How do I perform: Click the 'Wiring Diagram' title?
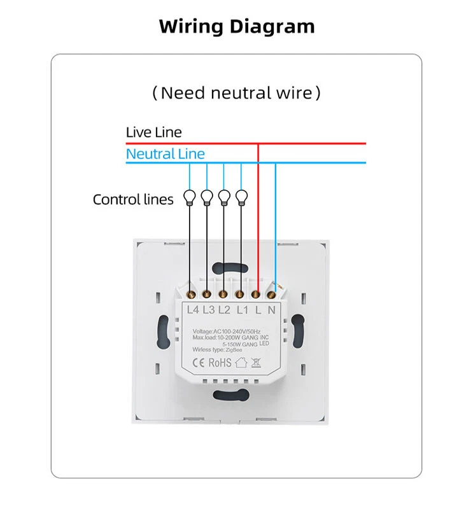point(237,27)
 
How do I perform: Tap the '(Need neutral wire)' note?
point(237,93)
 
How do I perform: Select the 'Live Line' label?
point(153,132)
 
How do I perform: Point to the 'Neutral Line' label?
point(166,153)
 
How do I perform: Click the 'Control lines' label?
point(133,200)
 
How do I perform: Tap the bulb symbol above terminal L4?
point(189,197)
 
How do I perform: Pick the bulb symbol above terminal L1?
point(241,197)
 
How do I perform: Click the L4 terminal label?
point(194,310)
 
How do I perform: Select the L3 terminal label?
point(209,310)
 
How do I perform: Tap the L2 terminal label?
point(224,310)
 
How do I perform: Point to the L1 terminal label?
point(241,310)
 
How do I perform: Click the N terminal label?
point(272,310)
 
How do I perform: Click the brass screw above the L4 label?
point(192,294)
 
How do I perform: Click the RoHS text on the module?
point(220,362)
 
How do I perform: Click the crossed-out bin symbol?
point(255,363)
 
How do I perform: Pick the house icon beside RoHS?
point(241,362)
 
